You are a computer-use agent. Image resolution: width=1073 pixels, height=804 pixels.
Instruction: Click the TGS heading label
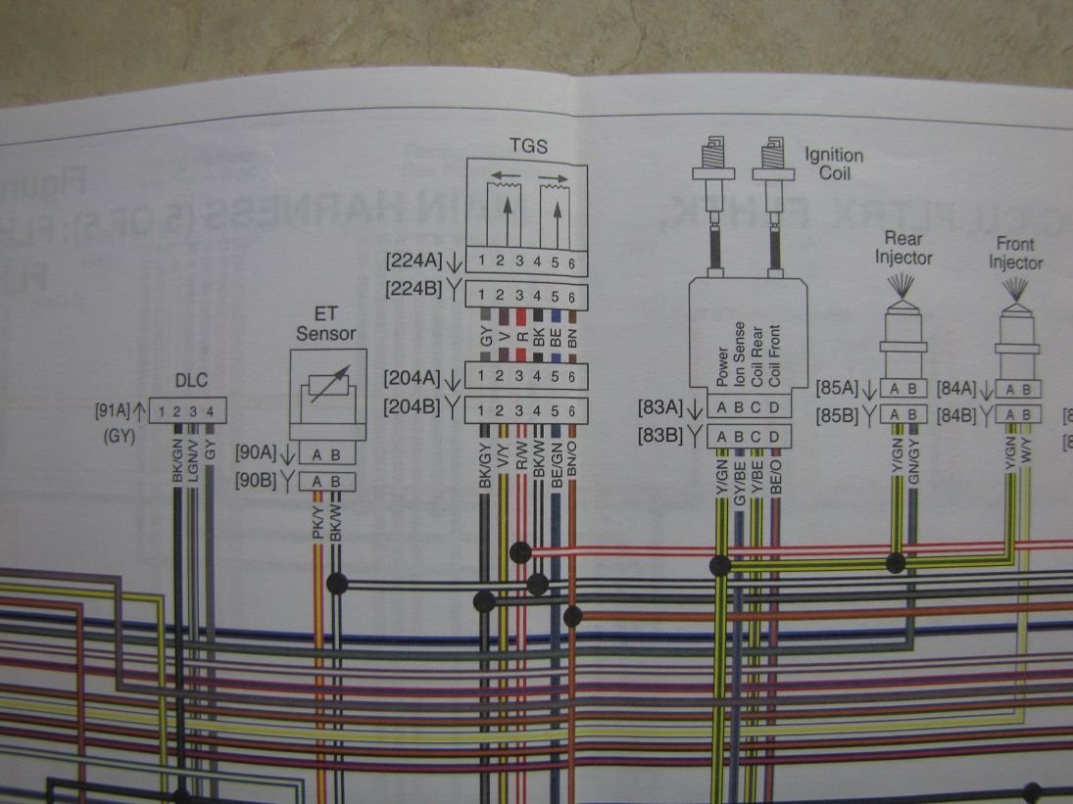pos(528,147)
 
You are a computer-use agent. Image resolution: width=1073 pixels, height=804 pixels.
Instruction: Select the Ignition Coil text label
pos(834,165)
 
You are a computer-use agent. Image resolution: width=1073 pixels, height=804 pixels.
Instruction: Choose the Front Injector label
pos(1015,253)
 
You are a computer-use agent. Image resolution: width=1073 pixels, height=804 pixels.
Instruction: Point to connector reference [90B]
pos(260,481)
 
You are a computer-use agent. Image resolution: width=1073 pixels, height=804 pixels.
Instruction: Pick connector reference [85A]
pos(838,388)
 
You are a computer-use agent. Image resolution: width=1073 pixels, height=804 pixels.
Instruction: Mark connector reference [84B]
pos(959,414)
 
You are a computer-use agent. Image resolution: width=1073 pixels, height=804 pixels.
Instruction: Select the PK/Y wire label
pos(317,518)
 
